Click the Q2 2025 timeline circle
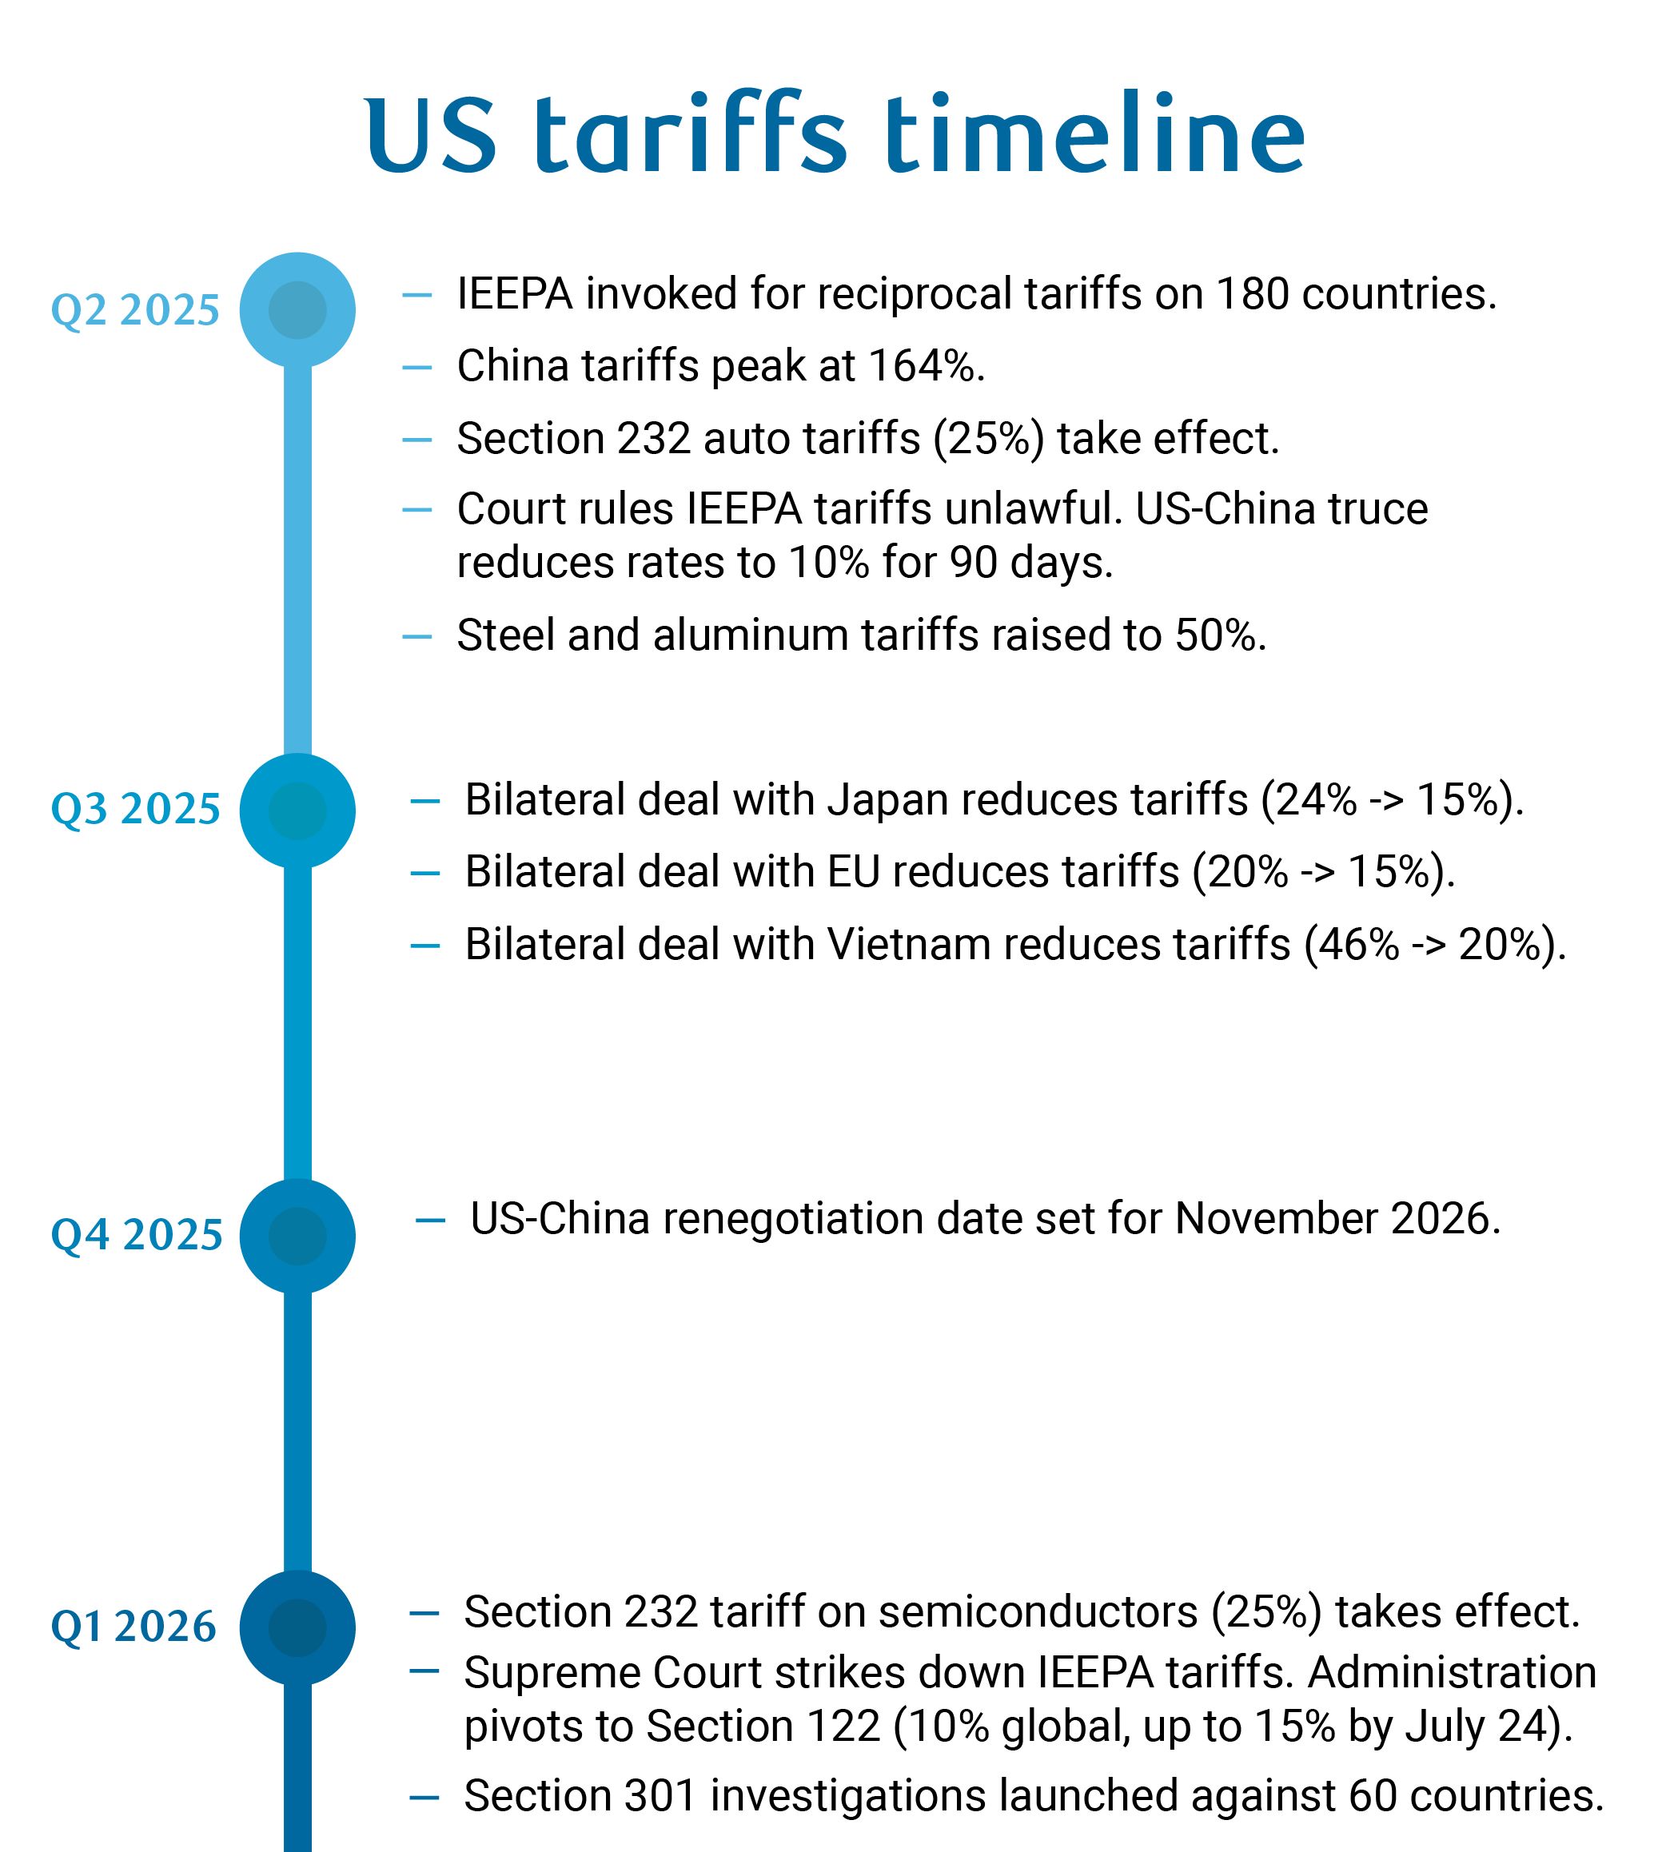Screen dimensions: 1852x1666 coord(297,310)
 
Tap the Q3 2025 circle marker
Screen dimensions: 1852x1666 coord(297,810)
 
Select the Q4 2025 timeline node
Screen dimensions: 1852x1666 coord(297,1237)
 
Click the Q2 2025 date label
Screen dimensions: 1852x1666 coord(135,311)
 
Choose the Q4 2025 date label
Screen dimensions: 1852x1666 coord(137,1237)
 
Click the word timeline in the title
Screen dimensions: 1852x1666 coord(1094,134)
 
